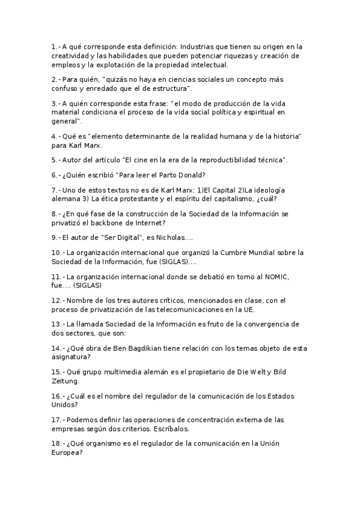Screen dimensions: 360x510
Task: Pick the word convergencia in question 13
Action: click(254, 324)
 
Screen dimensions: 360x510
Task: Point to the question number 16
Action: click(56, 396)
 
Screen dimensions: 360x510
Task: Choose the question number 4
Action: click(54, 137)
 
